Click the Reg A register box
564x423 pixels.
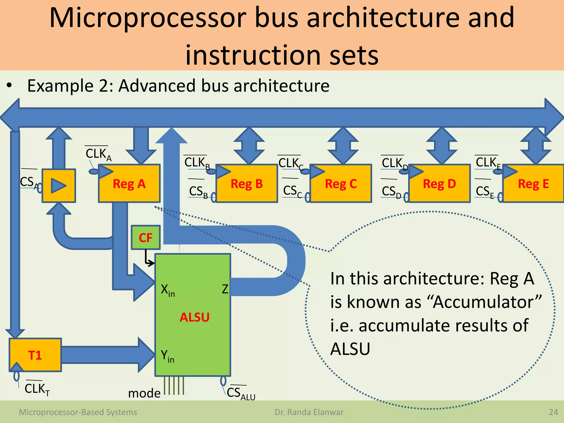pyautogui.click(x=129, y=184)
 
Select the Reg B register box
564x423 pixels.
pyautogui.click(x=247, y=184)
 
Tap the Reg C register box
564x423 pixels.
pyautogui.click(x=341, y=184)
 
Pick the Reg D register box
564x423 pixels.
pyautogui.click(x=440, y=184)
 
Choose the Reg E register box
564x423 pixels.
pyautogui.click(x=533, y=184)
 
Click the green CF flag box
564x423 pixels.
pyautogui.click(x=145, y=237)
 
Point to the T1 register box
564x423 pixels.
pyautogui.click(x=35, y=355)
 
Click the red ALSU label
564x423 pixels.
pyautogui.click(x=194, y=317)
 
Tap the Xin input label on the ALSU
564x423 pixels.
pyautogui.click(x=168, y=290)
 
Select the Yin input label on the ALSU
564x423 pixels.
pyautogui.click(x=167, y=356)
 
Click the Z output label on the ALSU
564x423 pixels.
pyautogui.click(x=225, y=289)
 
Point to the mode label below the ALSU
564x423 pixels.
pyautogui.click(x=144, y=393)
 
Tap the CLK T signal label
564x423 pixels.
pyautogui.click(x=37, y=389)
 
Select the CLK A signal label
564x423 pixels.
pyautogui.click(x=98, y=154)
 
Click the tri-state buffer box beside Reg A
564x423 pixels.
pyautogui.click(x=59, y=186)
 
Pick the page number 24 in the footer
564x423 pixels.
pyautogui.click(x=553, y=412)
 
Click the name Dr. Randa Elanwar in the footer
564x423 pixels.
pyautogui.click(x=309, y=412)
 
